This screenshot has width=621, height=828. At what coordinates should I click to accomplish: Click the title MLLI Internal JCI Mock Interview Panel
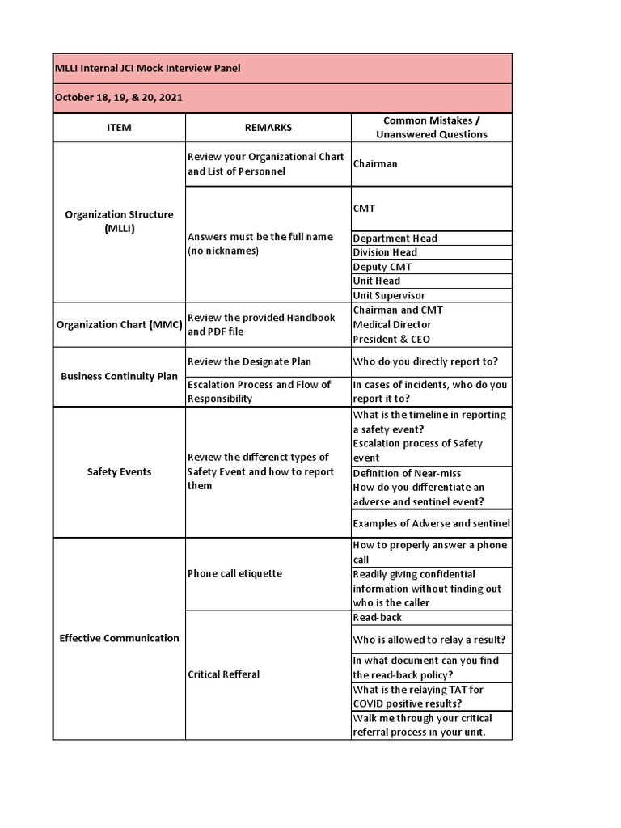pyautogui.click(x=147, y=69)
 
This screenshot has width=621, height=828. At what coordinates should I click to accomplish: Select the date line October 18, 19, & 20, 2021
pyautogui.click(x=118, y=98)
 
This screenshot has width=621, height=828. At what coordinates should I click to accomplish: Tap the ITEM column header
pyautogui.click(x=119, y=128)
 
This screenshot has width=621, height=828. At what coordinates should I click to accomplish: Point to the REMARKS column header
pyautogui.click(x=268, y=128)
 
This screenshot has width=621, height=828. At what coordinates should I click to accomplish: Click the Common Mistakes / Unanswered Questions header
pyautogui.click(x=431, y=128)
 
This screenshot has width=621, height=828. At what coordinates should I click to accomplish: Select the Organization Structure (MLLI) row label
pyautogui.click(x=119, y=222)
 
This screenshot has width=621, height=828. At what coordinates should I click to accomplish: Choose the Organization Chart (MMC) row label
pyautogui.click(x=119, y=325)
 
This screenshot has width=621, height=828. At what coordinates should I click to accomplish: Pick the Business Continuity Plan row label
pyautogui.click(x=119, y=376)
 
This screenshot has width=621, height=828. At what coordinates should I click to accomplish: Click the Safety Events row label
pyautogui.click(x=119, y=471)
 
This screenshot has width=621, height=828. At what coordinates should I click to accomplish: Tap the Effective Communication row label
pyautogui.click(x=119, y=638)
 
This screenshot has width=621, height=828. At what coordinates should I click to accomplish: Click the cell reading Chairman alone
pyautogui.click(x=375, y=164)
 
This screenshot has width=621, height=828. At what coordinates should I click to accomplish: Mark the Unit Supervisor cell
pyautogui.click(x=389, y=296)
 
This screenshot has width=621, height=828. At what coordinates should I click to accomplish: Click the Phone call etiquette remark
pyautogui.click(x=234, y=573)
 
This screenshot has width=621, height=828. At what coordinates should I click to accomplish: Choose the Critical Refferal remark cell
pyautogui.click(x=223, y=674)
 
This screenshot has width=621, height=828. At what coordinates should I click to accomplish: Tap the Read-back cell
pyautogui.click(x=377, y=618)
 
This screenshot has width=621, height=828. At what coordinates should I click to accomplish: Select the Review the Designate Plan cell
pyautogui.click(x=248, y=361)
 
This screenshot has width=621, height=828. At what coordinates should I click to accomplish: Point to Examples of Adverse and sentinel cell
pyautogui.click(x=431, y=523)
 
